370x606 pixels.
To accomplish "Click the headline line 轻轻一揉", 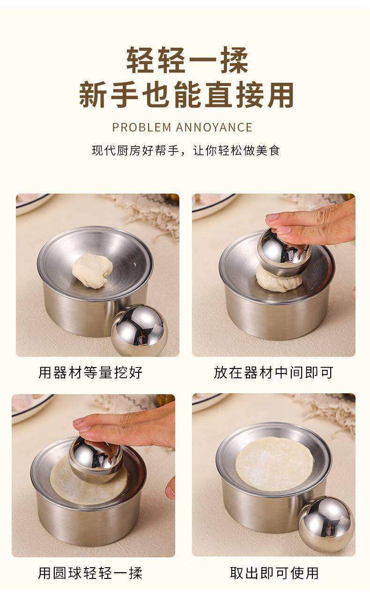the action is (187, 60).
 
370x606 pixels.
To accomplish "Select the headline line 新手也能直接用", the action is (186, 95).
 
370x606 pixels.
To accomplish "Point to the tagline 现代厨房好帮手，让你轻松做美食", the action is (185, 151).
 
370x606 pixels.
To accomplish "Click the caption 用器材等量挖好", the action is (90, 373).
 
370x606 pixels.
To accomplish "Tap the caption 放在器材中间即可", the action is (273, 373).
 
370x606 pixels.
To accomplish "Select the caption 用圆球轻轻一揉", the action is (90, 573).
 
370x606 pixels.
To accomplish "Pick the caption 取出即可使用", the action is (274, 573).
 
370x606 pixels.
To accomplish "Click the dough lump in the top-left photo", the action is (92, 271).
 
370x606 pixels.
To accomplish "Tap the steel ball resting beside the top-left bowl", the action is (139, 330).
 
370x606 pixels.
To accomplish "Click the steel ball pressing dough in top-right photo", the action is (284, 253).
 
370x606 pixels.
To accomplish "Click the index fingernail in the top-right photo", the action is (273, 217).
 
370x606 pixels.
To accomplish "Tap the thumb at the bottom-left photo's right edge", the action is (170, 488).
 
